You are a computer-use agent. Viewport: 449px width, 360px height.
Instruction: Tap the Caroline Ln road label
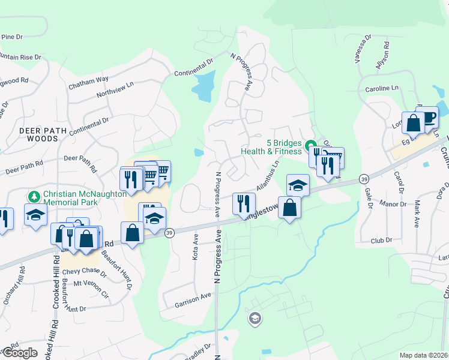[382, 88]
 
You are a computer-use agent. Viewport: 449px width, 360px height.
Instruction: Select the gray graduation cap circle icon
[255, 318]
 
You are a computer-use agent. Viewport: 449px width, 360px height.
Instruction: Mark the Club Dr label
[381, 241]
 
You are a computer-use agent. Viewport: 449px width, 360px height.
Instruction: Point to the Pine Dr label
[11, 37]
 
